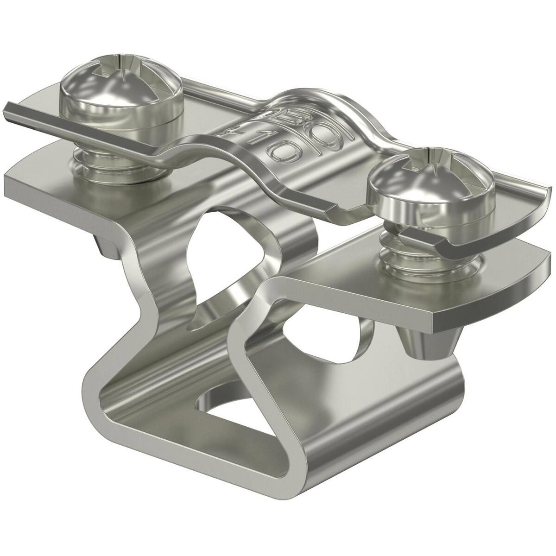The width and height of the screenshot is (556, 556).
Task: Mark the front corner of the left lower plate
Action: [x=14, y=181]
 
